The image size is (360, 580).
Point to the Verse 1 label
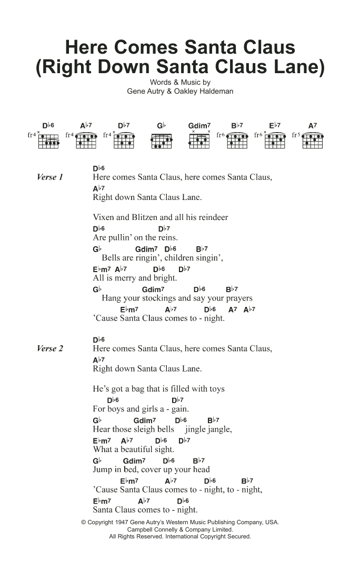(x=50, y=177)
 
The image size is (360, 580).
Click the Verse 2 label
(x=50, y=348)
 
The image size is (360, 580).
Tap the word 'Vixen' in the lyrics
(x=103, y=217)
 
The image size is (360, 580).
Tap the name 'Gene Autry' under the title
(x=146, y=91)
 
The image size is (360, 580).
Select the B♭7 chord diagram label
(x=237, y=126)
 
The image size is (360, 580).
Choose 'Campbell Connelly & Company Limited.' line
(x=180, y=529)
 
